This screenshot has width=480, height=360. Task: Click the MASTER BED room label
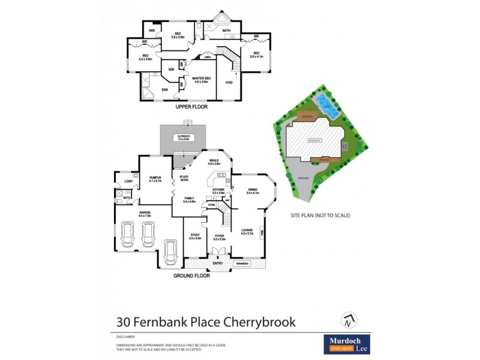[200, 78]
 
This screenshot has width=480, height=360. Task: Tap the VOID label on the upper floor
[229, 82]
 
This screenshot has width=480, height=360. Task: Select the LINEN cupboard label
[207, 58]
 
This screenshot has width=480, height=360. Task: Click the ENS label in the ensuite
[165, 90]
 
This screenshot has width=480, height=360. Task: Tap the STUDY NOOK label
[184, 178]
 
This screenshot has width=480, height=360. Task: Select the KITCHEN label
[218, 190]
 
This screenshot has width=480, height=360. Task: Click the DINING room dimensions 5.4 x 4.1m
[252, 193]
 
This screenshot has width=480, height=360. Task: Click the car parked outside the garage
[170, 251]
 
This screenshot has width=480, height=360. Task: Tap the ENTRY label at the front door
[217, 263]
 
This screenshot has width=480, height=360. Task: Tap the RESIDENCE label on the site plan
[315, 140]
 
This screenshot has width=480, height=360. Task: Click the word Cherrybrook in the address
[260, 322]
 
